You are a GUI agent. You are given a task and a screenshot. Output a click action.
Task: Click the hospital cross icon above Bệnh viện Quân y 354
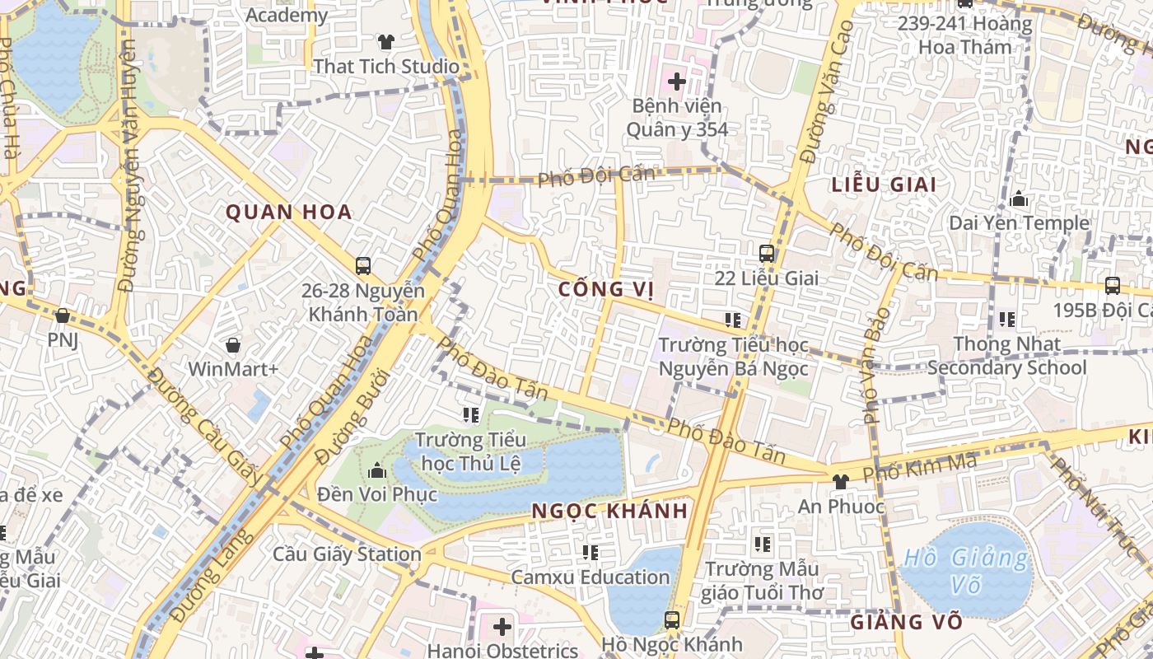(677, 82)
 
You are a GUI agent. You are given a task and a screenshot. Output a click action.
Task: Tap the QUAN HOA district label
(288, 213)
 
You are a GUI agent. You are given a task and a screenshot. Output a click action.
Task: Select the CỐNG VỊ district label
(605, 289)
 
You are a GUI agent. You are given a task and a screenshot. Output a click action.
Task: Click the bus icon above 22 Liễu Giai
(767, 253)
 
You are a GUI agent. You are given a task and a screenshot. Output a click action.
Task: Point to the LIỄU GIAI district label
(884, 185)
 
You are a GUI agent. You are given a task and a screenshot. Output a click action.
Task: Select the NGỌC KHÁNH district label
(609, 511)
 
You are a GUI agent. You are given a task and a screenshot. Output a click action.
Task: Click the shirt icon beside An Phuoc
(840, 481)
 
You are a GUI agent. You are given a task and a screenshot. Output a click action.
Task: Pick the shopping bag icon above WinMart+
(233, 344)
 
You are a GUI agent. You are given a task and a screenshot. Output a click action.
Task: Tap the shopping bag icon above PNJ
(63, 315)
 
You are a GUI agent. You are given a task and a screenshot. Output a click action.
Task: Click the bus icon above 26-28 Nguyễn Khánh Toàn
(362, 266)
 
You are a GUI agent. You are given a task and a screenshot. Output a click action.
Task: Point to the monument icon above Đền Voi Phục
(377, 470)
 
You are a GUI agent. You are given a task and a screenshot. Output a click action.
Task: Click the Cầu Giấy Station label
(347, 554)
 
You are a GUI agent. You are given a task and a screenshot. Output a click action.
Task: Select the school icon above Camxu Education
(590, 552)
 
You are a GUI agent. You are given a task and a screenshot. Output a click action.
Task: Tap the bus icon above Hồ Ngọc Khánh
(672, 619)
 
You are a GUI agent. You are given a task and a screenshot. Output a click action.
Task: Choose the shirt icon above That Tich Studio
(385, 41)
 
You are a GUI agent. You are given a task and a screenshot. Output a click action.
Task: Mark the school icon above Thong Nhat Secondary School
(1006, 319)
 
